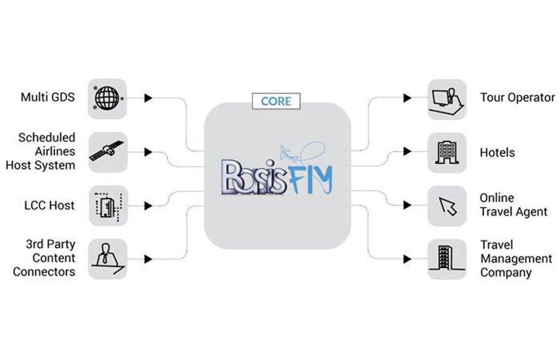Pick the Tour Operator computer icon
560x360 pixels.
coord(447,98)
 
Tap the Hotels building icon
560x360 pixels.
coord(447,152)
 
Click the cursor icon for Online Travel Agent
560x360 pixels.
coord(447,205)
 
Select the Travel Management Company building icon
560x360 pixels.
coord(447,258)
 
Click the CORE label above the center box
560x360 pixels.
coord(276,101)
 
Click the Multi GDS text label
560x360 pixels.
coord(48,98)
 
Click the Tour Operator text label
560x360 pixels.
coord(517,98)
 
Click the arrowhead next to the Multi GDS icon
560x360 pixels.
coord(148,98)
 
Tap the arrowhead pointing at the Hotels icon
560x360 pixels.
coord(407,152)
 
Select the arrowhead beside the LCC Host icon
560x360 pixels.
coord(148,205)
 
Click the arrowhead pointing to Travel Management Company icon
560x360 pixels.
coord(407,258)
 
